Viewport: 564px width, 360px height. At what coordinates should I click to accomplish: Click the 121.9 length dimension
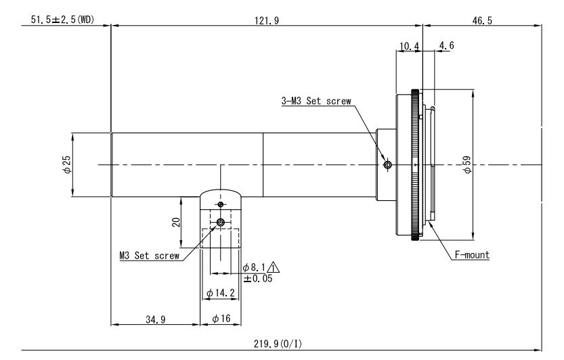coord(267,20)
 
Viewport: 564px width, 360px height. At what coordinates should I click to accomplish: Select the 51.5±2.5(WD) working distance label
coord(62,20)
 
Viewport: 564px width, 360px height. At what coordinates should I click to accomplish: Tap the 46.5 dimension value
coord(482,20)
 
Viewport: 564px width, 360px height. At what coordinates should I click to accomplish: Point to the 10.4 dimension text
coord(410,46)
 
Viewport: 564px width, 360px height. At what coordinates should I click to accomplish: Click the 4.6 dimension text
coord(447,45)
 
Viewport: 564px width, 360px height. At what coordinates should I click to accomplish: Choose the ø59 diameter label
coord(467,164)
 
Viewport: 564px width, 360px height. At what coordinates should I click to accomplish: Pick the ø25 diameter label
coord(67,164)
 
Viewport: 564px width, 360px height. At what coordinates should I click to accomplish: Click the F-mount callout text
coord(472,255)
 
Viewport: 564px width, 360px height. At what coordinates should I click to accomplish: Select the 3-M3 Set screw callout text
coord(316,101)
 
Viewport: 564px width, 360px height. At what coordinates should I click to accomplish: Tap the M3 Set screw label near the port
coord(149,256)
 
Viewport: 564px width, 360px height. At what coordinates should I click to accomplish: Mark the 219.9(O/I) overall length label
coord(278,344)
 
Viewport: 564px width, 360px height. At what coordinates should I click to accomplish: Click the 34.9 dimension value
coord(156,319)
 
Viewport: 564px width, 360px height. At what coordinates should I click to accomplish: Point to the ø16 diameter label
coord(221,318)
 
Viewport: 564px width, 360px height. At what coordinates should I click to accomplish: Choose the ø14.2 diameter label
coord(221,293)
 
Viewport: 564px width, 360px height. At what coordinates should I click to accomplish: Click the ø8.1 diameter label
coord(254,267)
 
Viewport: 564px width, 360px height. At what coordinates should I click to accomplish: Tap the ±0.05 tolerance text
coord(258,278)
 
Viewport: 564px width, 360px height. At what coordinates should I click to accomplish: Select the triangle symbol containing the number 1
coord(274,267)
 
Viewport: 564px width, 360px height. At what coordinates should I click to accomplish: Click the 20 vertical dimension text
coord(176,222)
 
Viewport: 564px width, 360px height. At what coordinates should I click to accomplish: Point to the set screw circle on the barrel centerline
coord(387,165)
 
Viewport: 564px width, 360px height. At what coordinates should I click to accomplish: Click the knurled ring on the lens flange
coord(416,164)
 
